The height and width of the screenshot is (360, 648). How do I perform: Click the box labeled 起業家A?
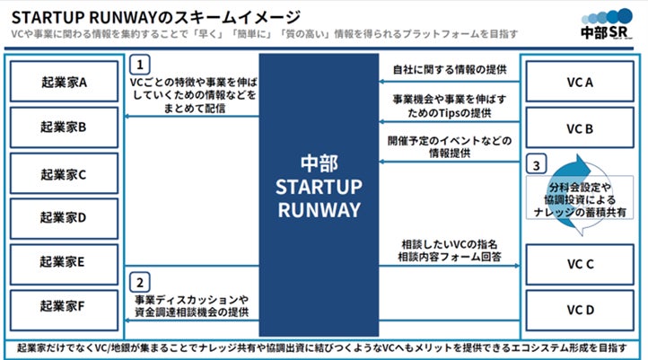[64, 81]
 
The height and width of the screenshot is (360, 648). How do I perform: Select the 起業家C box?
[64, 173]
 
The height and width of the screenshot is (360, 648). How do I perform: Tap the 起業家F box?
[64, 308]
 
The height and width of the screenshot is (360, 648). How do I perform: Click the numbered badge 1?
[139, 66]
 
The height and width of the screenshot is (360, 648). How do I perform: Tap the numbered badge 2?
[139, 280]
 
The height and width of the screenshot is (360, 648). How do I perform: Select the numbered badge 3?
[536, 166]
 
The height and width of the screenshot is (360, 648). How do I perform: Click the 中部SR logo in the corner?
[608, 26]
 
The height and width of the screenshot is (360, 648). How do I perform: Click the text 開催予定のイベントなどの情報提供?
[450, 147]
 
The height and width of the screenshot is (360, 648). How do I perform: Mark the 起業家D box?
[64, 217]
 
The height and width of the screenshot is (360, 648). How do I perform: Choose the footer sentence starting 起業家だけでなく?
[324, 348]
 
